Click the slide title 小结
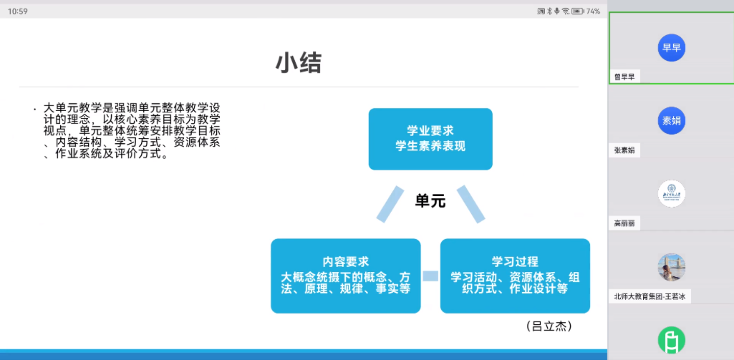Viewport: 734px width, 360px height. pos(299,63)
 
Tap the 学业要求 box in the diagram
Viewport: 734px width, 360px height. pos(430,139)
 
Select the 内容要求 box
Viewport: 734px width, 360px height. pos(346,276)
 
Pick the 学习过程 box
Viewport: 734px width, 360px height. pos(515,276)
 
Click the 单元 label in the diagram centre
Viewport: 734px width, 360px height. pos(430,201)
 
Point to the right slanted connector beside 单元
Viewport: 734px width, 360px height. pos(471,204)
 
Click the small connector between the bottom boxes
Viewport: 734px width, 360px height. pos(430,276)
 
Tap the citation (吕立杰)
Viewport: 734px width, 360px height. pos(549,326)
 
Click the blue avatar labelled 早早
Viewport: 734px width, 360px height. pos(671,48)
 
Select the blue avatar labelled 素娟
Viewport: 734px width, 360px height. pos(671,121)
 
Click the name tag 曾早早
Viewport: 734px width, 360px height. pos(625,77)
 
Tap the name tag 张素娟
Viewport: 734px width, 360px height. pos(625,150)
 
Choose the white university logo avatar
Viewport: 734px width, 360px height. pos(671,194)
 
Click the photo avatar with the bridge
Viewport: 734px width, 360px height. pos(671,267)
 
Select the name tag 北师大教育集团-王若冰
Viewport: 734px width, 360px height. pos(650,296)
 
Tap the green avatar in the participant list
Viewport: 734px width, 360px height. pos(671,340)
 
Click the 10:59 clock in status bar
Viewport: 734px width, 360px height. pos(18,11)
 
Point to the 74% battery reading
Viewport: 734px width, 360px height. pos(593,11)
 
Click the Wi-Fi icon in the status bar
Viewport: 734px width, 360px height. pos(566,11)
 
